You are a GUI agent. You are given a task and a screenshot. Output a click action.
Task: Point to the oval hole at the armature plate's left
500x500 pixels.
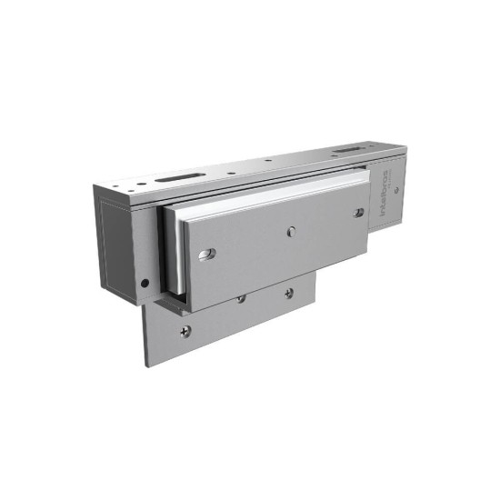click(x=207, y=254)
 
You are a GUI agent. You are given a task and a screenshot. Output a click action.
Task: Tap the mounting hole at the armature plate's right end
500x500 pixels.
click(x=359, y=213)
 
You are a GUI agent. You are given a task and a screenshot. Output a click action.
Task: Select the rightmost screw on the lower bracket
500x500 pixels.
click(x=288, y=293)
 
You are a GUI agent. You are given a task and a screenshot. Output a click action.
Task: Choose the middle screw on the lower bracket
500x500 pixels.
click(x=241, y=298)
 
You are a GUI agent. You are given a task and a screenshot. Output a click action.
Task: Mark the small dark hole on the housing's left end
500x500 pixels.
click(x=144, y=283)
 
